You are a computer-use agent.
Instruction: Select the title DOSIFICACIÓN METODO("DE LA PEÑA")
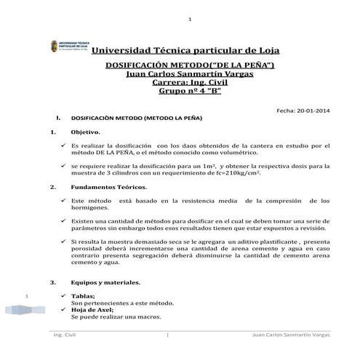pyautogui.click(x=190, y=65)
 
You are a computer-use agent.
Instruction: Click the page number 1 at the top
pyautogui.click(x=189, y=19)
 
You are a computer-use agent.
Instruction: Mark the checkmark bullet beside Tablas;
pyautogui.click(x=63, y=295)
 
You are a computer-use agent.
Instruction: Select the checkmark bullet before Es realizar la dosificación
pyautogui.click(x=63, y=146)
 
